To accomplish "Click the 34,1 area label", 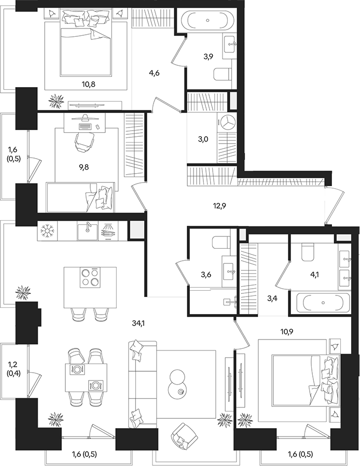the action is tap(139, 323).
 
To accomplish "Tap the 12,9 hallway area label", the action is tap(219, 205).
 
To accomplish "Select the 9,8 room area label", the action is tap(84, 167).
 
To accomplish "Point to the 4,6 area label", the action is tap(154, 73).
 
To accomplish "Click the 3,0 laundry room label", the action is tap(203, 139).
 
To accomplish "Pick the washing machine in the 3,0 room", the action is tap(227, 122).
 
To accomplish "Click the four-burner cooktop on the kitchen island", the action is tap(90, 277).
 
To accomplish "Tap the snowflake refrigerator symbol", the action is tap(47, 231).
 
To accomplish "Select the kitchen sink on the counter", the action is tap(88, 231).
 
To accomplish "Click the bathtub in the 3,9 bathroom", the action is tap(207, 20).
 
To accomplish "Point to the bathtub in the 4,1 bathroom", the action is tap(323, 303).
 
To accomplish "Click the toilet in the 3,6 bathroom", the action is tap(221, 243).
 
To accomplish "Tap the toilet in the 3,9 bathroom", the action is tap(223, 74).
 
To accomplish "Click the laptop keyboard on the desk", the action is tap(86, 126).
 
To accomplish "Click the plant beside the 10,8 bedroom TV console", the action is tap(56, 101).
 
